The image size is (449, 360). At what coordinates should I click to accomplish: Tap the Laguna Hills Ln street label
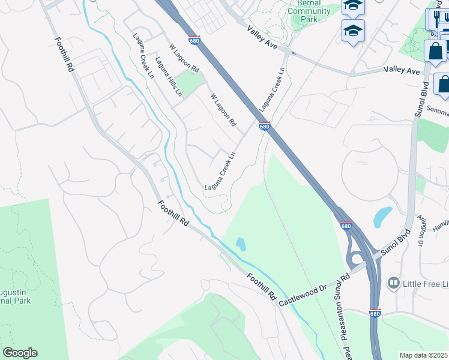point(167,76)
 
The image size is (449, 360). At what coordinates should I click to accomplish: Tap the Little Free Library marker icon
point(394,282)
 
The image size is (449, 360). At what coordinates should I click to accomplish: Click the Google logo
point(20,353)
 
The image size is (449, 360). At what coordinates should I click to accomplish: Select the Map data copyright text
point(424,355)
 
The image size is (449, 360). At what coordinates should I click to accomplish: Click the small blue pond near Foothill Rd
point(241,244)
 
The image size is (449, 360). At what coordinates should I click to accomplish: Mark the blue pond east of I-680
point(382,216)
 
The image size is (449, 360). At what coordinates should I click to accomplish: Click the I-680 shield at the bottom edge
point(375,313)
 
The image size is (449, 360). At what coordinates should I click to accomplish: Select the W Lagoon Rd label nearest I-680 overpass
point(223,109)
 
